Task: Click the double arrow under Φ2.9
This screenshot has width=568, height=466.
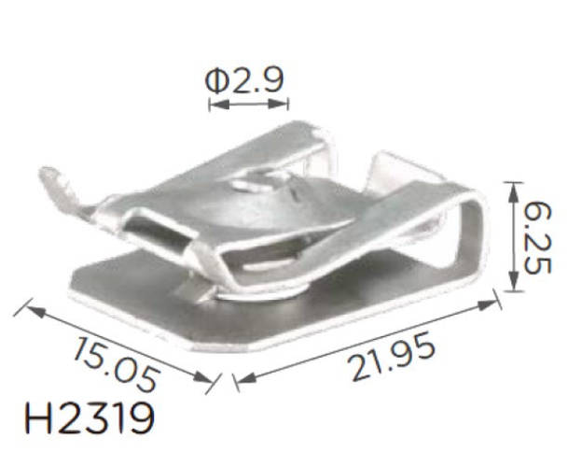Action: [247, 106]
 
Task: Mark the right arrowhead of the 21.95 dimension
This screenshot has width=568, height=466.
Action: [494, 303]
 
